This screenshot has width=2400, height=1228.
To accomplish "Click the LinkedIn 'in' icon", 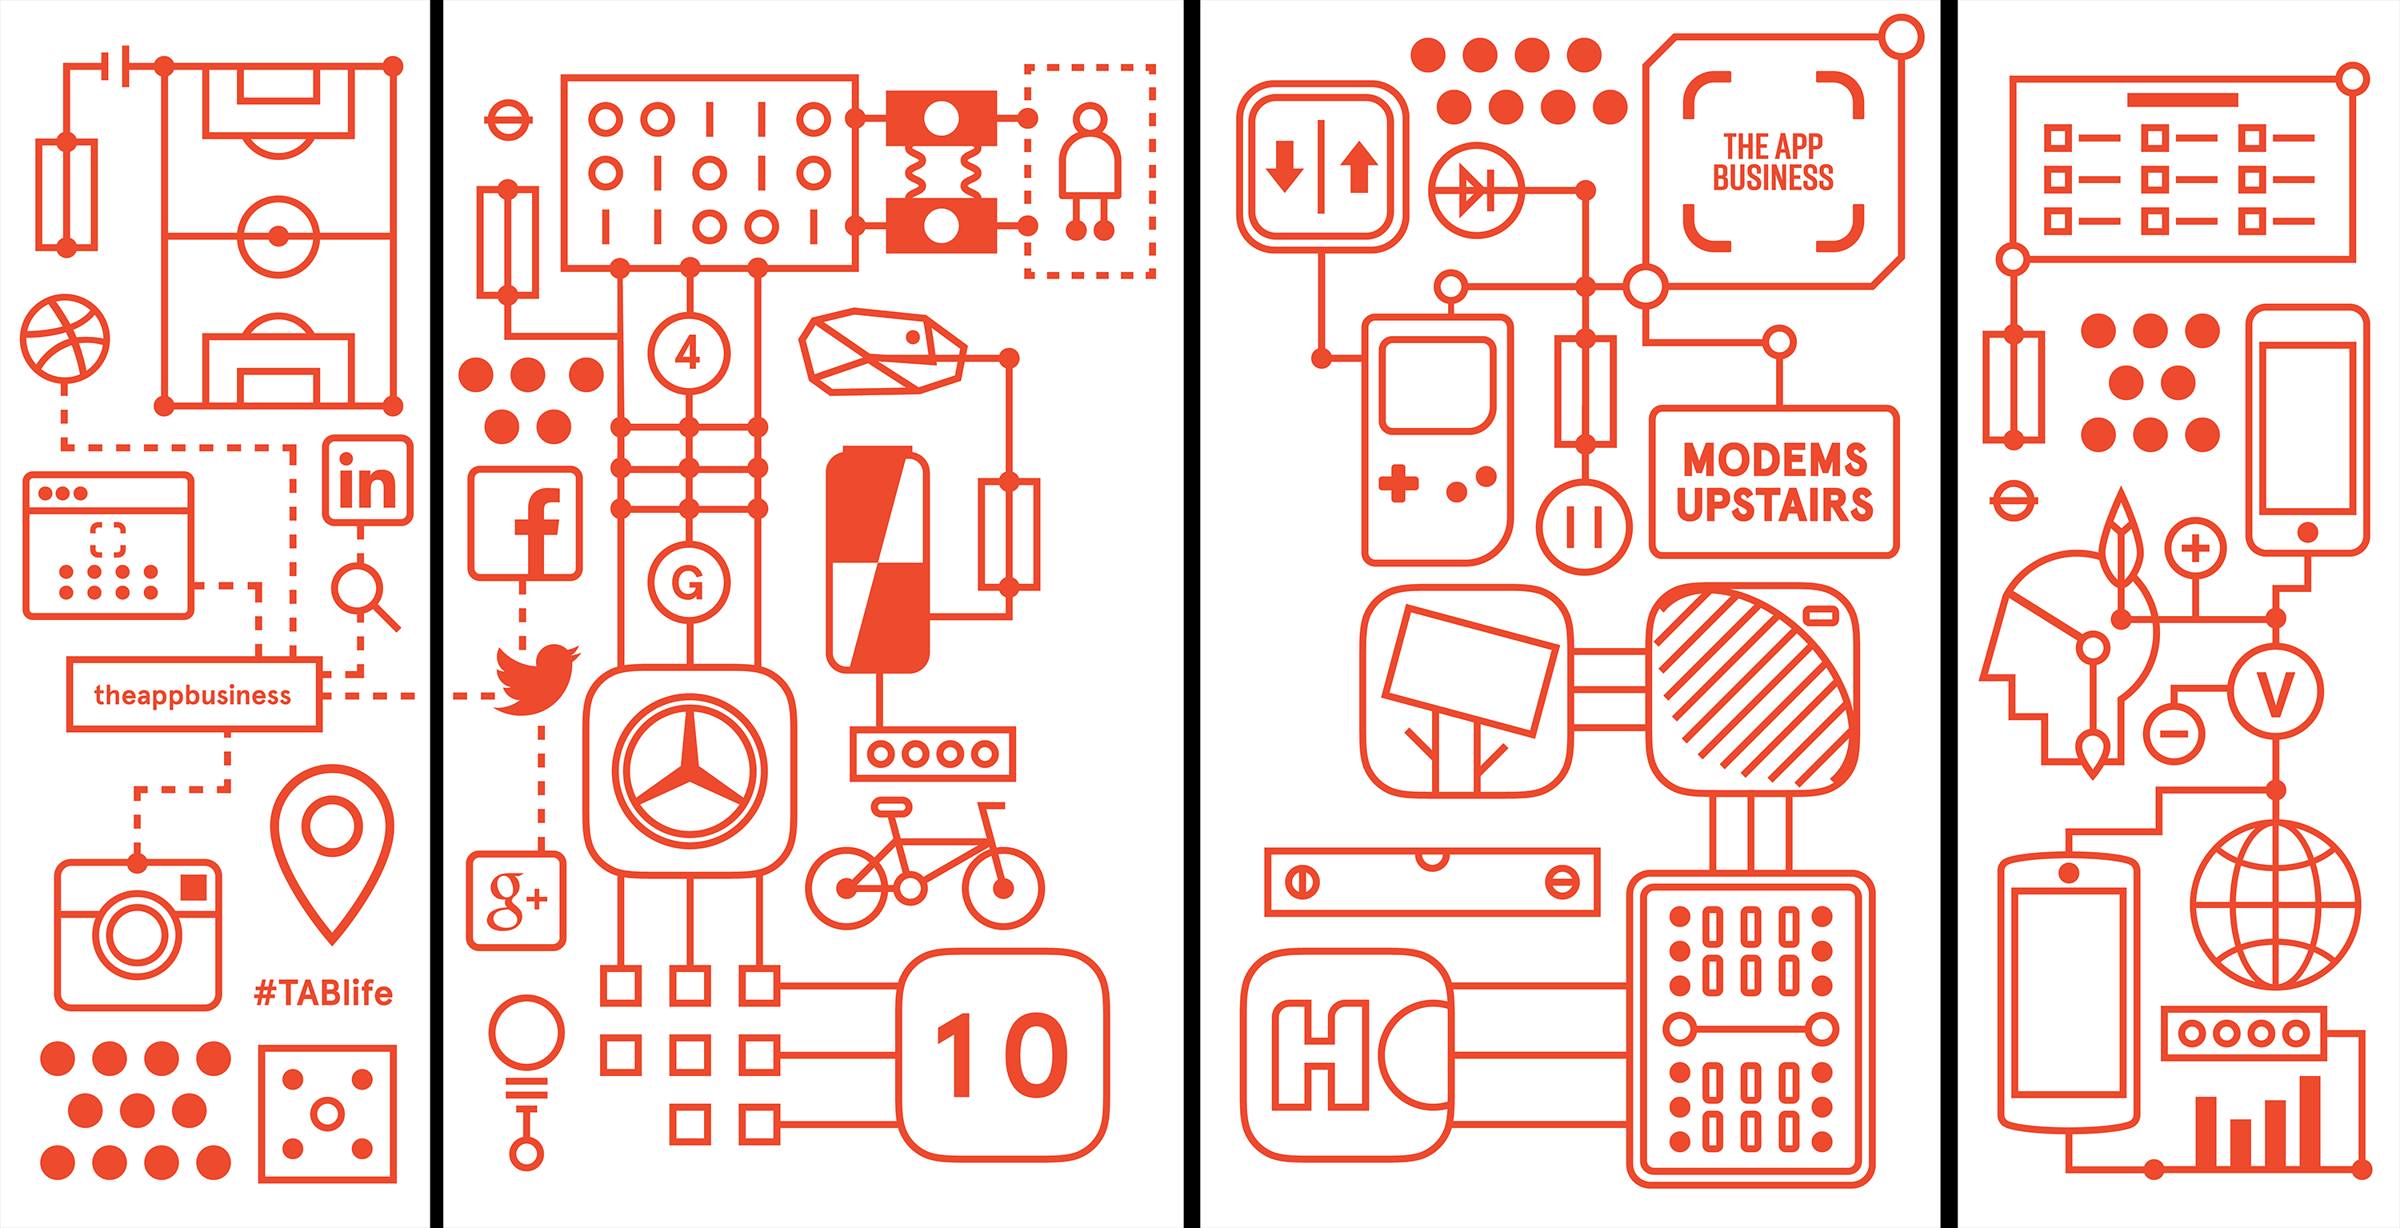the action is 368,481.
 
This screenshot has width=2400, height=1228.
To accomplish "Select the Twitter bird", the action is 536,678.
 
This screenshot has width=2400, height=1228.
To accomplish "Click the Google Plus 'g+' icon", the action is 516,901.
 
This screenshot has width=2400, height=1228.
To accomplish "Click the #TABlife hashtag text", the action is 323,994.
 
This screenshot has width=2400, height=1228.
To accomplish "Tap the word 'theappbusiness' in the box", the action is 193,695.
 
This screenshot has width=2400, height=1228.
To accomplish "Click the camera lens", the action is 137,934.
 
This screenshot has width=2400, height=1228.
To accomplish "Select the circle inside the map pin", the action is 332,826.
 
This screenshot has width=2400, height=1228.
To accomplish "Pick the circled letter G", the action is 689,583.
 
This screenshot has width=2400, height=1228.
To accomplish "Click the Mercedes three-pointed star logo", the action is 690,771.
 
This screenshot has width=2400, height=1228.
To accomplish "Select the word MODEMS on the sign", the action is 1775,459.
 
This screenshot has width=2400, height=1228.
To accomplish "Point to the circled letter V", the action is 2274,693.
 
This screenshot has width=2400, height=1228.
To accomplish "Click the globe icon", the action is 2274,905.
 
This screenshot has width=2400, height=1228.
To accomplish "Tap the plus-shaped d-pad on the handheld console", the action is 1398,483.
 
